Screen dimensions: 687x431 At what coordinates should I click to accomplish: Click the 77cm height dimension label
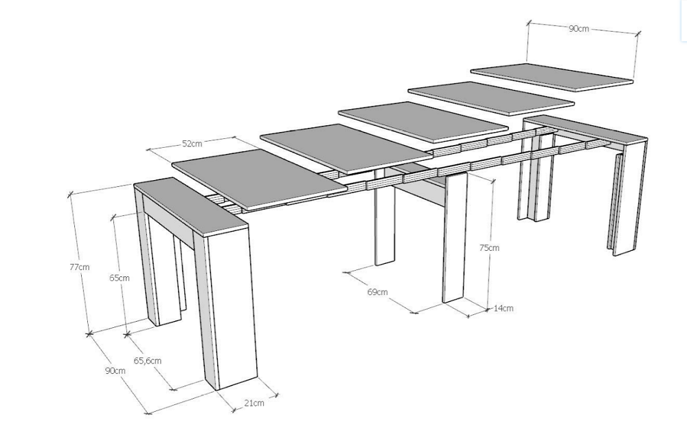[79, 267]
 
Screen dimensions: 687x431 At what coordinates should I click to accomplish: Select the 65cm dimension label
[119, 278]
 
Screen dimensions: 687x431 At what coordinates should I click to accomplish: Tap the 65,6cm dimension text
[147, 361]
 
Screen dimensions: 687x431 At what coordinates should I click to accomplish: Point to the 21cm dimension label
[254, 403]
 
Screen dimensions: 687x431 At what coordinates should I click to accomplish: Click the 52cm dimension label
[192, 144]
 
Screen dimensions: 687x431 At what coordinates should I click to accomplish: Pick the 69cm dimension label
[377, 292]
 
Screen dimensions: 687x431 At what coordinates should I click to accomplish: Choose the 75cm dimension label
[489, 247]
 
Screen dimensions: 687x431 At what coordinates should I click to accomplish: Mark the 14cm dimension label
[504, 308]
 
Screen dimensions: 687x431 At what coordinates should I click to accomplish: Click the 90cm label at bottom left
[115, 371]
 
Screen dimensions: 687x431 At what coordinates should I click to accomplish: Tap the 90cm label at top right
[578, 29]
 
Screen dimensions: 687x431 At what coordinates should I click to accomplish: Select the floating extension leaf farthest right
[552, 77]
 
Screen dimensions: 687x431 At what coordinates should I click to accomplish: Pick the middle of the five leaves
[423, 121]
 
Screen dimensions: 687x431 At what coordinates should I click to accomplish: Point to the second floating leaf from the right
[491, 98]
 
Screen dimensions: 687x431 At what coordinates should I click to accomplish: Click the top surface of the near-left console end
[190, 204]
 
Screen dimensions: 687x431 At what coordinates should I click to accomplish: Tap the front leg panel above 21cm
[230, 309]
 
